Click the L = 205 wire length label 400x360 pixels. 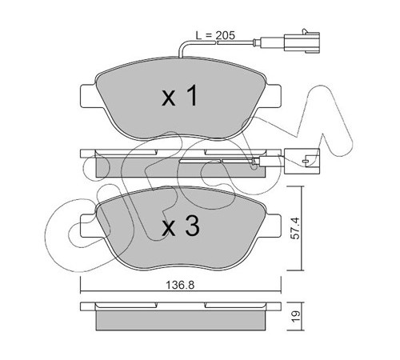tap(215, 35)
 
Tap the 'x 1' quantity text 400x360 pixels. tap(179, 96)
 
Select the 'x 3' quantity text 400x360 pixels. tap(181, 226)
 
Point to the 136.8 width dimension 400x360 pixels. tap(180, 286)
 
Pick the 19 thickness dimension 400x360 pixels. tap(296, 317)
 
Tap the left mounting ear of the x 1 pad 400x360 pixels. tap(89, 96)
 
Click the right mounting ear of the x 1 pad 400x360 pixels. tap(273, 96)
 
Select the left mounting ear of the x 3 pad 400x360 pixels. tap(89, 226)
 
